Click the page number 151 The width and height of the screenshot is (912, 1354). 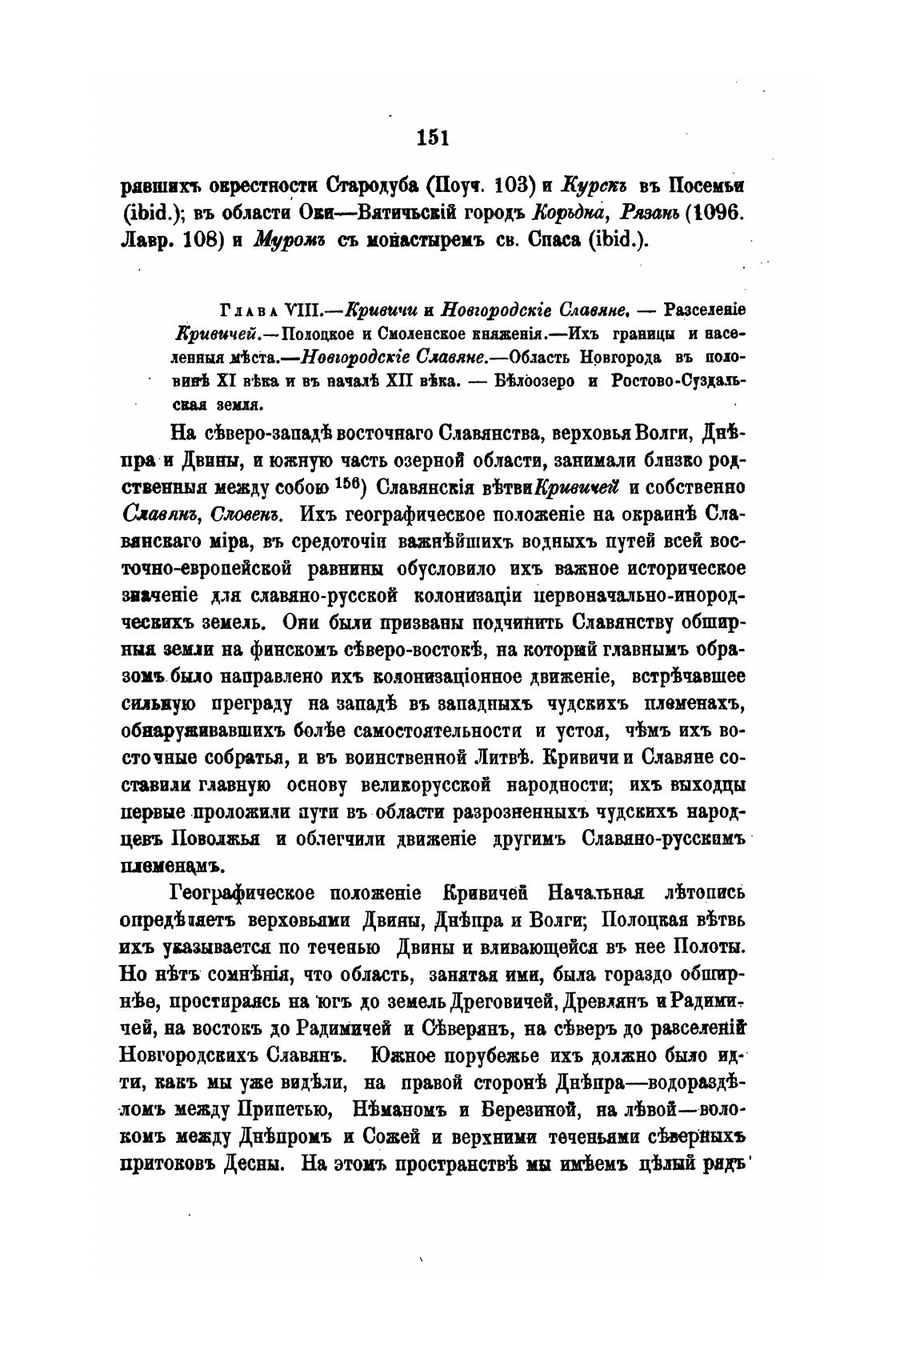(433, 138)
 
